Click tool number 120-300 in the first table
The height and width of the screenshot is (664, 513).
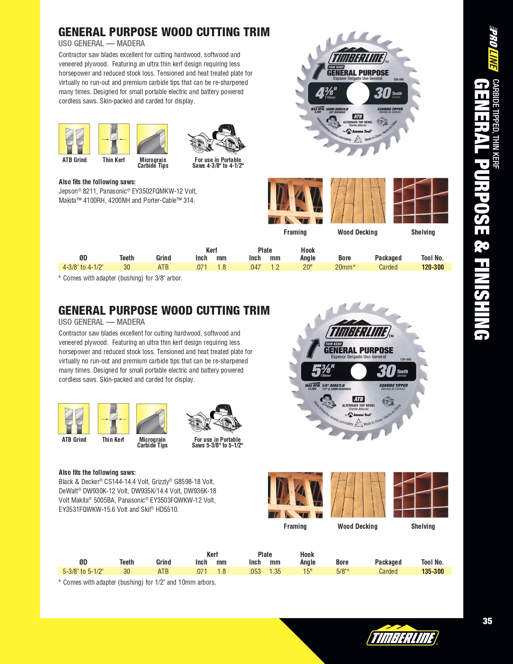pyautogui.click(x=433, y=267)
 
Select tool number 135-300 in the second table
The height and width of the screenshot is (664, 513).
pyautogui.click(x=433, y=571)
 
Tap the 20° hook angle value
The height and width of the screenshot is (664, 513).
pyautogui.click(x=307, y=267)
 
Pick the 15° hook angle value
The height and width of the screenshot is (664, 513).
pyautogui.click(x=307, y=571)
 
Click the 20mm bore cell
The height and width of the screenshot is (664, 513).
pyautogui.click(x=345, y=267)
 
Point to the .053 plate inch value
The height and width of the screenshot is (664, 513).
pyautogui.click(x=255, y=571)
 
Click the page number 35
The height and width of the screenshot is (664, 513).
pyautogui.click(x=487, y=621)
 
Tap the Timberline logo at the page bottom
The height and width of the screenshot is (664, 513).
pyautogui.click(x=402, y=637)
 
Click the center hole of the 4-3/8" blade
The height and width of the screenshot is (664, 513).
pyautogui.click(x=358, y=93)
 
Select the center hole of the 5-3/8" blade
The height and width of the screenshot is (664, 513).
pyautogui.click(x=358, y=371)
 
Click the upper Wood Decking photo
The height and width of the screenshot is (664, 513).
pyautogui.click(x=358, y=200)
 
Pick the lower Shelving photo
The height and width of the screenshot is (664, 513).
pyautogui.click(x=420, y=495)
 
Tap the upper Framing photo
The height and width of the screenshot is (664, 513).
pyautogui.click(x=295, y=200)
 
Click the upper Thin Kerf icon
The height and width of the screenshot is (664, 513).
pyautogui.click(x=114, y=139)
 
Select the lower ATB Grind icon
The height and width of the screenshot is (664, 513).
pyautogui.click(x=74, y=419)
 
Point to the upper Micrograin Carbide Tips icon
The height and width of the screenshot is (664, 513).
pyautogui.click(x=152, y=139)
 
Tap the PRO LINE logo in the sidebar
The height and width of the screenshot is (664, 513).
pyautogui.click(x=493, y=48)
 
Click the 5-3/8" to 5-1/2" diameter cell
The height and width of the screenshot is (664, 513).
pyautogui.click(x=83, y=571)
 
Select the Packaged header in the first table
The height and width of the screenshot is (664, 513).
pyautogui.click(x=388, y=258)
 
